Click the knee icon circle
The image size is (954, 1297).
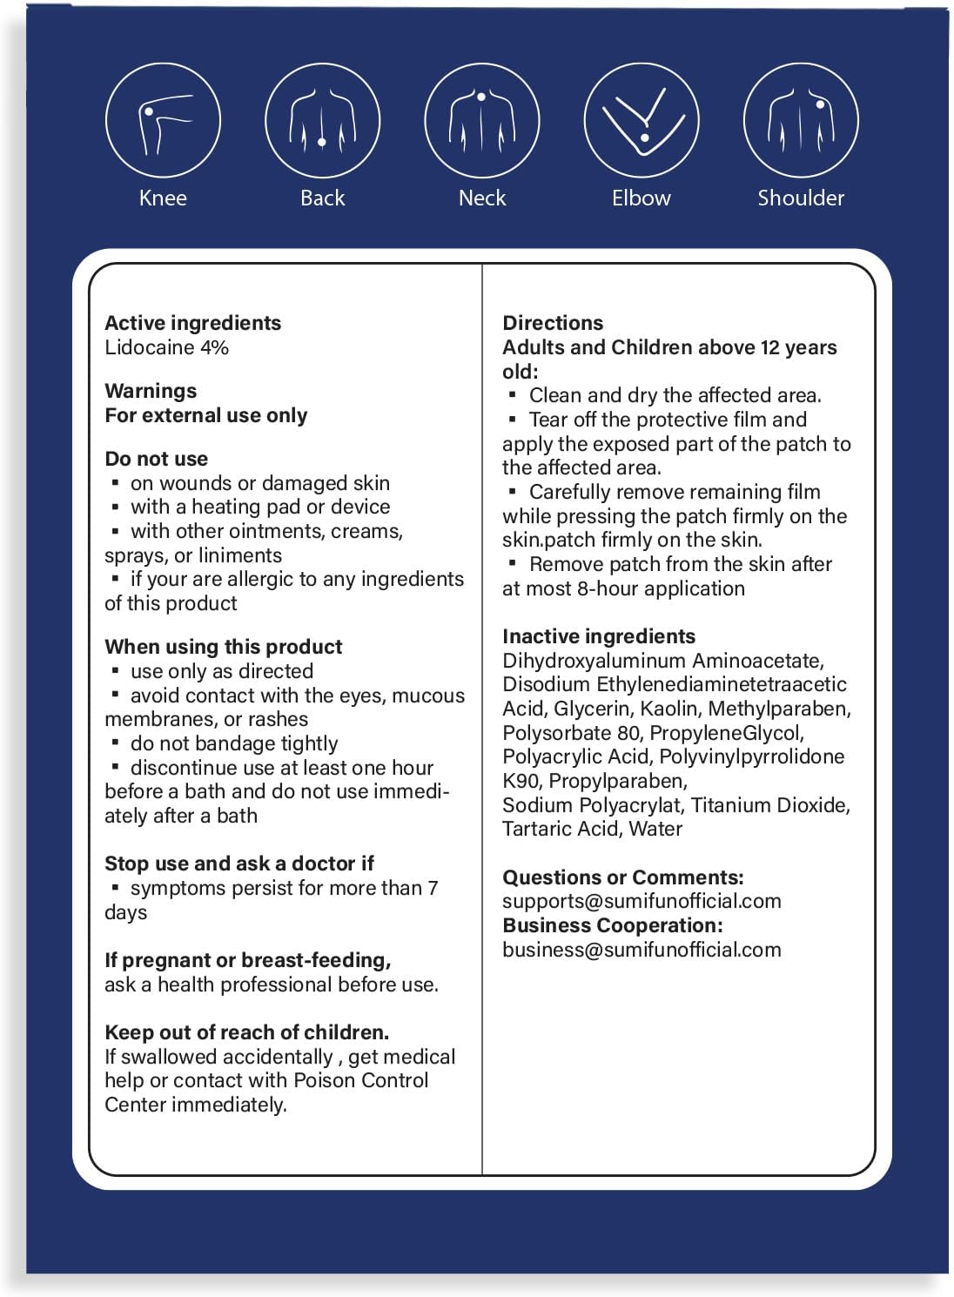(x=163, y=121)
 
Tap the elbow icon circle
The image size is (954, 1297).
(x=642, y=121)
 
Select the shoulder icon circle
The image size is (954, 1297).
(x=801, y=121)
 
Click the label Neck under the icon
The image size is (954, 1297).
(x=482, y=198)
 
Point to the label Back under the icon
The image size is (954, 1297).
(x=322, y=198)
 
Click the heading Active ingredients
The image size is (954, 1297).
(x=192, y=323)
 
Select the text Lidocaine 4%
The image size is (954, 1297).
(x=166, y=347)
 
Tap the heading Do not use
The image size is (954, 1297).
(x=156, y=459)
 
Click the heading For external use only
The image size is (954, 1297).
(x=205, y=415)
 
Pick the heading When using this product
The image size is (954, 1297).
(x=223, y=647)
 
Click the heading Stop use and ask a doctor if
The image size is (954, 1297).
(x=238, y=864)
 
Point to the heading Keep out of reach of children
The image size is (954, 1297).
(x=246, y=1032)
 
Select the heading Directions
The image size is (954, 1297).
(x=553, y=323)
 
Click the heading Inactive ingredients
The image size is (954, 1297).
(x=599, y=636)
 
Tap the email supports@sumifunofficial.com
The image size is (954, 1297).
(x=642, y=901)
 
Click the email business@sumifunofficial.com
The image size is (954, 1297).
(x=642, y=950)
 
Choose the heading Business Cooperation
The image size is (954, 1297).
(x=612, y=925)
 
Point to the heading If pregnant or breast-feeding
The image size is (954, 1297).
(x=247, y=960)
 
